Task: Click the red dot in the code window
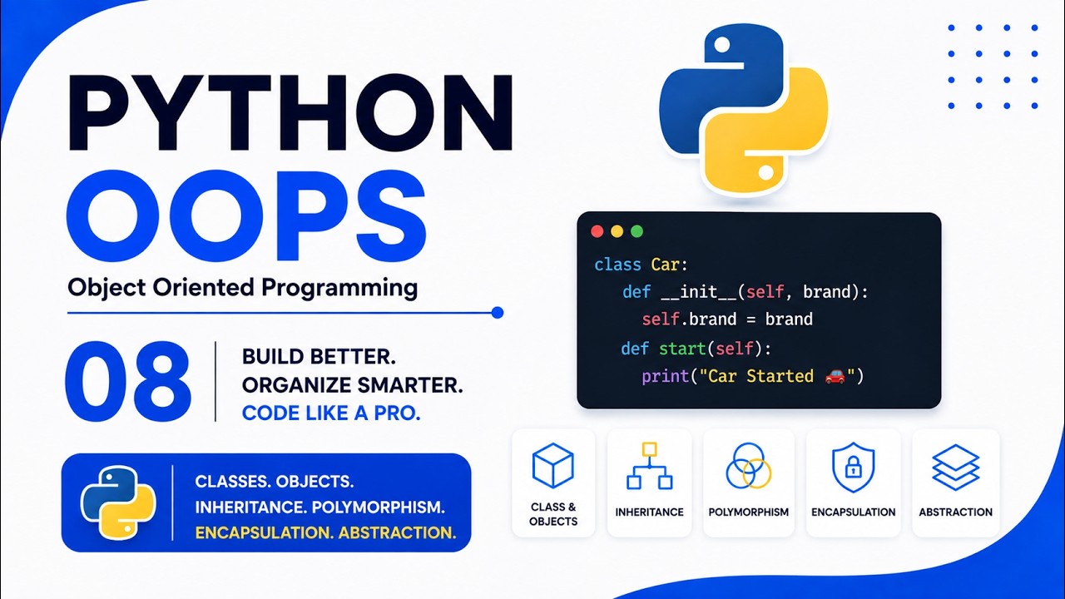tap(597, 231)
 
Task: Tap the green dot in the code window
tap(637, 231)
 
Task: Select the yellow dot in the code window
tap(617, 231)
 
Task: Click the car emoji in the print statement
tap(835, 376)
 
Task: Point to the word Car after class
tap(665, 265)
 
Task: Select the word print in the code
tap(665, 377)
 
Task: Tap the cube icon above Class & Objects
tap(553, 465)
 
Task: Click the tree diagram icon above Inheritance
tap(650, 466)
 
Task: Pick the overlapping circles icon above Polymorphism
tap(748, 466)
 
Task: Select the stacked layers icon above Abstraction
tap(956, 468)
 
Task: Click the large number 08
tap(128, 381)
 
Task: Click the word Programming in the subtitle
tap(339, 288)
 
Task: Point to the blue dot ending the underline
tap(498, 313)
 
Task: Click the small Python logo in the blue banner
tap(118, 503)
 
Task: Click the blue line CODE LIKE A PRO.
tap(331, 413)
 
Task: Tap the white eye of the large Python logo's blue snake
tap(721, 45)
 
